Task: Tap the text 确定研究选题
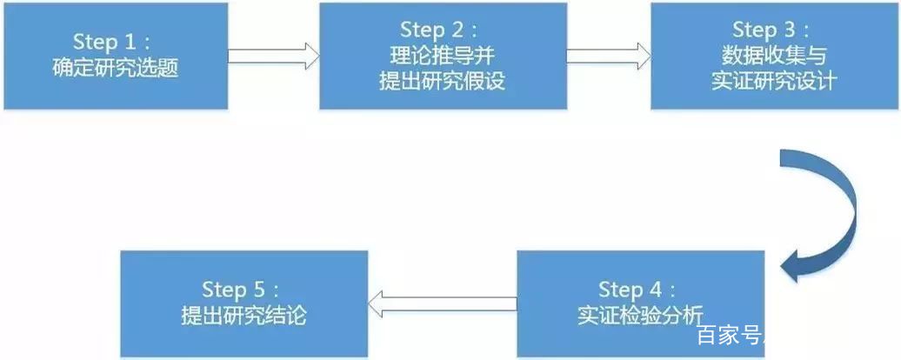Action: tap(116, 69)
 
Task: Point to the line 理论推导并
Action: tap(443, 56)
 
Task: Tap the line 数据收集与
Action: tap(774, 56)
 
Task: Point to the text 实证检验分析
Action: tap(640, 317)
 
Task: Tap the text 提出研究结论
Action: tap(244, 316)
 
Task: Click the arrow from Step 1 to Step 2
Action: tap(273, 56)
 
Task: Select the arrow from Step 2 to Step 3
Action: tap(609, 56)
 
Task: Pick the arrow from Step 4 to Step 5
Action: tap(442, 303)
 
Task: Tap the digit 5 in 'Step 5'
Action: tap(258, 290)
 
